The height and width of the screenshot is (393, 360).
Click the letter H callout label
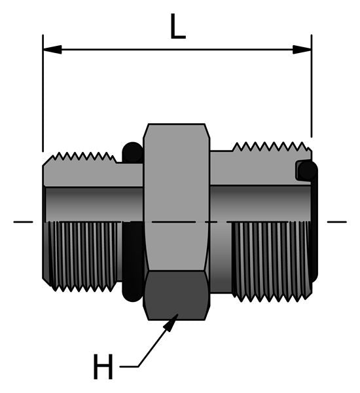pos(103,367)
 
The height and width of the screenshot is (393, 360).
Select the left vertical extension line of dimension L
pos(43,98)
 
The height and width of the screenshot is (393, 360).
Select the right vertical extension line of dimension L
pos(312,98)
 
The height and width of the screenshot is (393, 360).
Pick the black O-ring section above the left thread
pos(133,153)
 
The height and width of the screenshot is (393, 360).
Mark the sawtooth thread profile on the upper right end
pos(268,147)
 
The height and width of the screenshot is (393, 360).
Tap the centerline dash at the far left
pos(23,221)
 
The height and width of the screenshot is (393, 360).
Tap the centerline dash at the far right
pos(337,221)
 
